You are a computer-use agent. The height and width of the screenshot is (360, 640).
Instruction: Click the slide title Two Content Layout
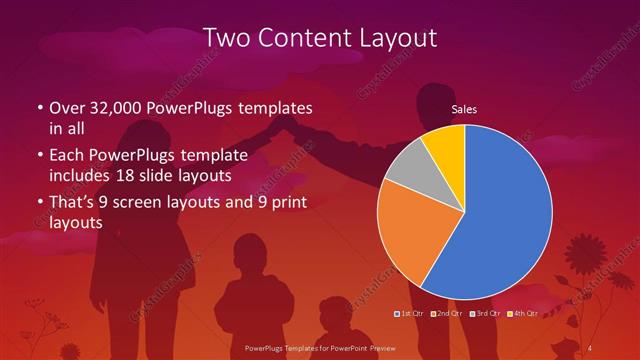[320, 39]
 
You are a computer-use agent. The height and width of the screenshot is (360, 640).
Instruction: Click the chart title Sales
[464, 108]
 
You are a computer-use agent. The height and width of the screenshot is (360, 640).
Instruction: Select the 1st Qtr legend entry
[410, 313]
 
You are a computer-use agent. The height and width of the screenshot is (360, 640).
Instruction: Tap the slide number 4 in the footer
[591, 347]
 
